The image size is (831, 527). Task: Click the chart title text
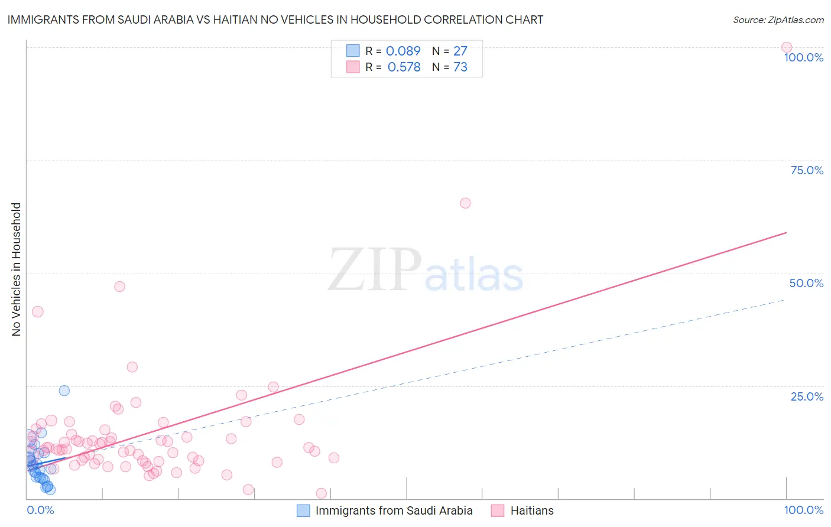275,19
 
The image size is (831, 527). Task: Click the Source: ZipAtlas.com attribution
778,19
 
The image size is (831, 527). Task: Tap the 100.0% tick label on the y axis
803,57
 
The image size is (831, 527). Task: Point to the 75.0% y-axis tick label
807,170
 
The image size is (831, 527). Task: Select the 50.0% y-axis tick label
806,283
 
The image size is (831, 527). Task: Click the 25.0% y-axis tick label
807,396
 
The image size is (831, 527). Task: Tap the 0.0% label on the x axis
40,510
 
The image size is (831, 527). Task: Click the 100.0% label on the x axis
803,510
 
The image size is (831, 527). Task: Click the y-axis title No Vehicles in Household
16,269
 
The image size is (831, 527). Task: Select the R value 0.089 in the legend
403,51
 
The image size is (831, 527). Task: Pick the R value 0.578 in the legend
404,67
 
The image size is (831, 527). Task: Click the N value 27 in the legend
460,51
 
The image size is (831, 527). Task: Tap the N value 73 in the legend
460,67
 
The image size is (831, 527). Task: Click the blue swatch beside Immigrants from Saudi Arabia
303,510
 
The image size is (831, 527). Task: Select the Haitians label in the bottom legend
532,510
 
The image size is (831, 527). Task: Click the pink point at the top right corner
787,47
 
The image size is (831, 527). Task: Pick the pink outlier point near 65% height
465,203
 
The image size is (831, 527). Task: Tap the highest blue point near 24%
64,391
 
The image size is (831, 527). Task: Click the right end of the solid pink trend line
786,233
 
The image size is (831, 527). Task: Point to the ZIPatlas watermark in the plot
426,271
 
